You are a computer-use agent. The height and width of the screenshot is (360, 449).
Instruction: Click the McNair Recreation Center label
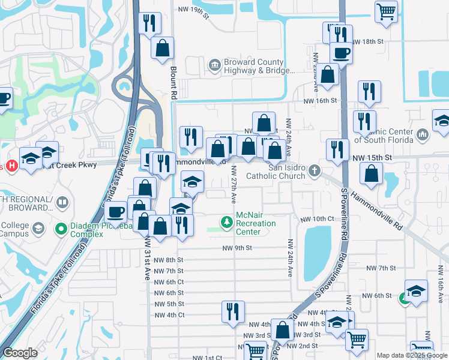coord(256,223)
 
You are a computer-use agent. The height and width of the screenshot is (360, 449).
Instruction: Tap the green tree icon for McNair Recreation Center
coord(226,223)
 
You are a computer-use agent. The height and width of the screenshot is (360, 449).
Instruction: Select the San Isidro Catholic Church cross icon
coord(314,172)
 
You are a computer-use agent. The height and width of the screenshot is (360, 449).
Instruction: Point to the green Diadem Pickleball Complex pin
coord(60,229)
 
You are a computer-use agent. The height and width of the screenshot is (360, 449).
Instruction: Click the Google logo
coord(20,353)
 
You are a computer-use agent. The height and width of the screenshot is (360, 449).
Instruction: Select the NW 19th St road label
coord(193,10)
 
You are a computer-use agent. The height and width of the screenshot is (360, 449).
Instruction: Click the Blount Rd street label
coord(173,83)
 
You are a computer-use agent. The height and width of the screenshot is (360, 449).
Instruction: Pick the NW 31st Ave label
coord(147,258)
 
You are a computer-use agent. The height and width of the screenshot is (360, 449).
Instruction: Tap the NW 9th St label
coord(237,248)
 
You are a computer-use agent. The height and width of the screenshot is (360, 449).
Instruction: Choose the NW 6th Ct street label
coord(169,282)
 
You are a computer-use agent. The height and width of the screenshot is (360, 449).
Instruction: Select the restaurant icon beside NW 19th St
coord(148,23)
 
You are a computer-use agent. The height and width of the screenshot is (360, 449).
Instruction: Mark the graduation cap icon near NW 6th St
coord(416,291)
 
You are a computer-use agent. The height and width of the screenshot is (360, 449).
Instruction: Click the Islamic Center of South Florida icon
coord(422,136)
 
